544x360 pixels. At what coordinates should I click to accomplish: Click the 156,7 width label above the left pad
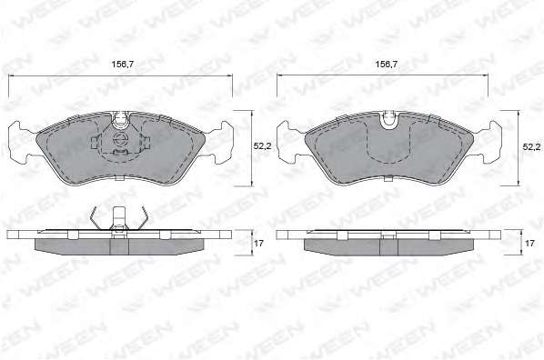click(123, 65)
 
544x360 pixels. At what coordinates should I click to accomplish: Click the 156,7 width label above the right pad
click(387, 65)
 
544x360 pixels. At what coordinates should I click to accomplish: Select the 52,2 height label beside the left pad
click(262, 146)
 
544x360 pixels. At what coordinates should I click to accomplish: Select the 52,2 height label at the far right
click(531, 147)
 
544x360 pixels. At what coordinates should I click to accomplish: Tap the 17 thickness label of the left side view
click(259, 244)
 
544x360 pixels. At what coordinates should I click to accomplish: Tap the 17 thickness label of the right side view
click(529, 244)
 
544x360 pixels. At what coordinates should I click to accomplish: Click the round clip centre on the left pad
click(121, 139)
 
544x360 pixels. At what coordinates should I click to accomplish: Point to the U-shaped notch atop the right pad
click(389, 120)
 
